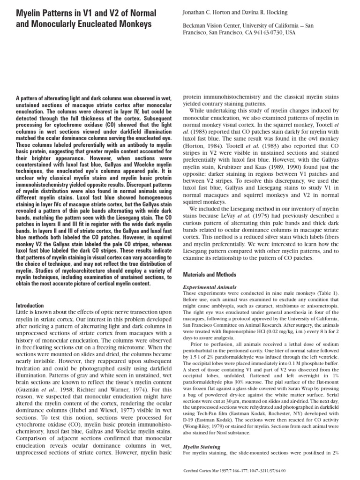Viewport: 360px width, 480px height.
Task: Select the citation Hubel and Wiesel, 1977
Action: tap(107, 385)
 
